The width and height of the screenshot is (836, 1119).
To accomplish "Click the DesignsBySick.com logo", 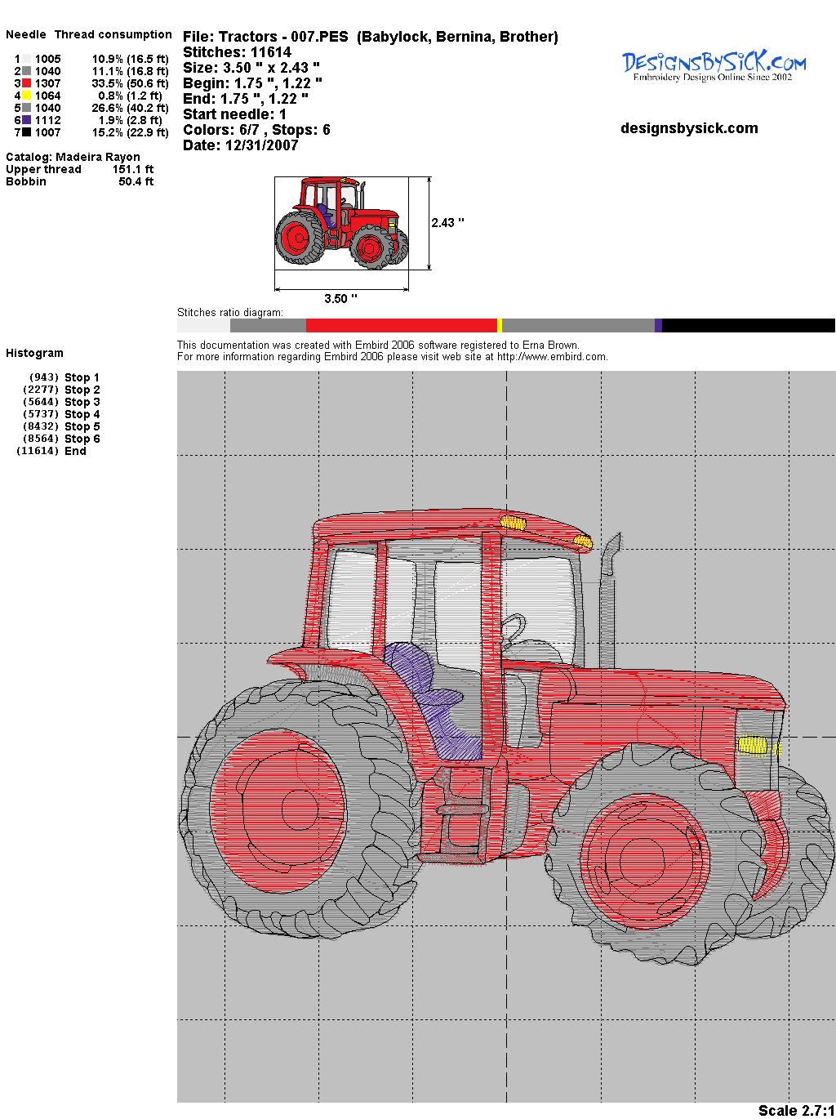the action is (714, 66).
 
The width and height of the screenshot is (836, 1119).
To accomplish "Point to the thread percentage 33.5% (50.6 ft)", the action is (130, 83).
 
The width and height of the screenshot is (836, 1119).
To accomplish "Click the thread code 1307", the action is (48, 83).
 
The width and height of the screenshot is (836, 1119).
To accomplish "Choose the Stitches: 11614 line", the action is (237, 52).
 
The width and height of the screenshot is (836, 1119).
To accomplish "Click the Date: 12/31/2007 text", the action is (241, 145).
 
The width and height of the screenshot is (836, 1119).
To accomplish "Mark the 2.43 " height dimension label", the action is (448, 223).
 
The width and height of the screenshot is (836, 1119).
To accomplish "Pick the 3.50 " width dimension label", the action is (340, 298).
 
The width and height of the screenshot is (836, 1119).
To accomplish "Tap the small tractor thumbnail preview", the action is (342, 223).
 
